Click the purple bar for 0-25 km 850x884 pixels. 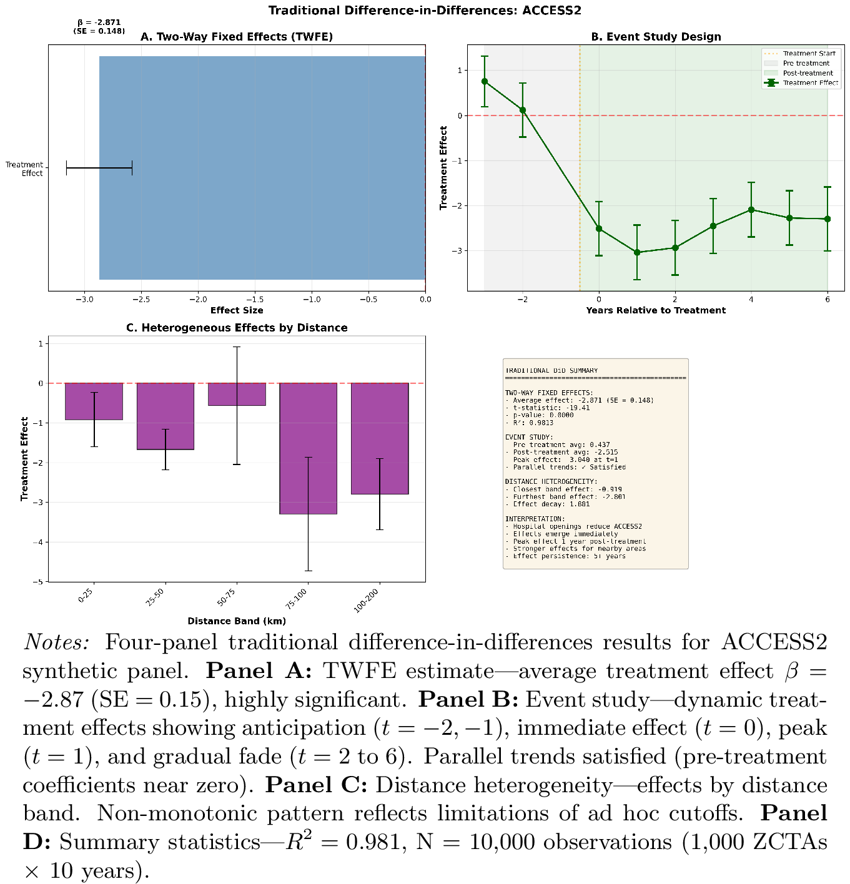click(x=94, y=401)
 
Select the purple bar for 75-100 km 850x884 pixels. click(x=308, y=448)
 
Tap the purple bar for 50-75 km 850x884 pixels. click(x=237, y=395)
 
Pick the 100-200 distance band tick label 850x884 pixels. click(x=367, y=601)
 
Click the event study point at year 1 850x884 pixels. click(x=637, y=252)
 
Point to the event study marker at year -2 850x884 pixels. click(x=523, y=110)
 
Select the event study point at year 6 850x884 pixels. click(x=828, y=219)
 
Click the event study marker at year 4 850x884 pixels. click(x=751, y=210)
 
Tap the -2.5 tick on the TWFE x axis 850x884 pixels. click(x=141, y=299)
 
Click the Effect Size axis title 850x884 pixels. click(x=237, y=310)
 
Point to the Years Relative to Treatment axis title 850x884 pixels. click(x=656, y=310)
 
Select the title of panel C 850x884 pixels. click(x=237, y=328)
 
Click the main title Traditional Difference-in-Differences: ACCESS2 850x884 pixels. click(x=425, y=11)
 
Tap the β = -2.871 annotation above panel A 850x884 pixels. click(x=99, y=22)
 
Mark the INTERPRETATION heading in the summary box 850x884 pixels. click(x=535, y=519)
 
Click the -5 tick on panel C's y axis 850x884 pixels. click(x=41, y=582)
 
